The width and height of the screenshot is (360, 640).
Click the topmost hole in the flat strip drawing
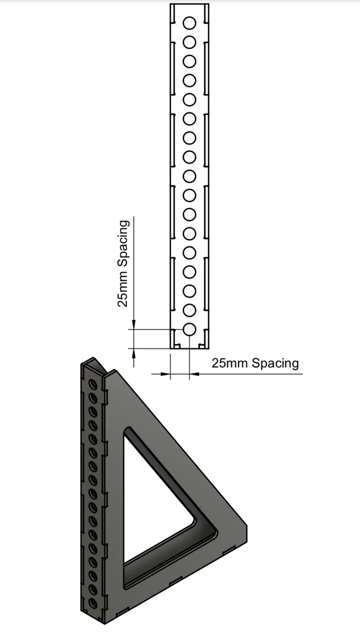pyautogui.click(x=189, y=23)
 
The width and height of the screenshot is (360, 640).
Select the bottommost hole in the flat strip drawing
pyautogui.click(x=189, y=329)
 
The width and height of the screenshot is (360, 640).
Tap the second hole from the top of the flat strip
pyautogui.click(x=189, y=42)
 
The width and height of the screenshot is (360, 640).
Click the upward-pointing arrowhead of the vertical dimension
pyautogui.click(x=133, y=353)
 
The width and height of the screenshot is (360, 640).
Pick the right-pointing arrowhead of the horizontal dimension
pyautogui.click(x=165, y=374)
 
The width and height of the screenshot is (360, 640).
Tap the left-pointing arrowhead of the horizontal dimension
pyautogui.click(x=194, y=374)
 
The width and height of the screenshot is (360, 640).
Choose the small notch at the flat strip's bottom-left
pyautogui.click(x=177, y=346)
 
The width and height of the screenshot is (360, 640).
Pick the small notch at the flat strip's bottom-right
pyautogui.click(x=201, y=346)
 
